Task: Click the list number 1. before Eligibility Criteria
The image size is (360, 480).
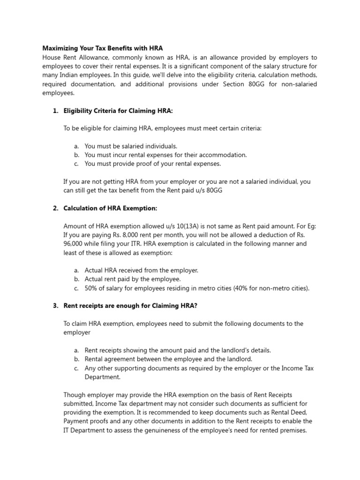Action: point(55,111)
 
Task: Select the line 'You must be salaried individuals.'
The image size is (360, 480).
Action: point(131,146)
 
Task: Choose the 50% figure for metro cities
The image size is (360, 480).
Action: point(92,288)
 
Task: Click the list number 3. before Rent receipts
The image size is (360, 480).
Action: point(55,306)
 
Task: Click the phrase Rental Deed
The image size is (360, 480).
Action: point(287,412)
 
